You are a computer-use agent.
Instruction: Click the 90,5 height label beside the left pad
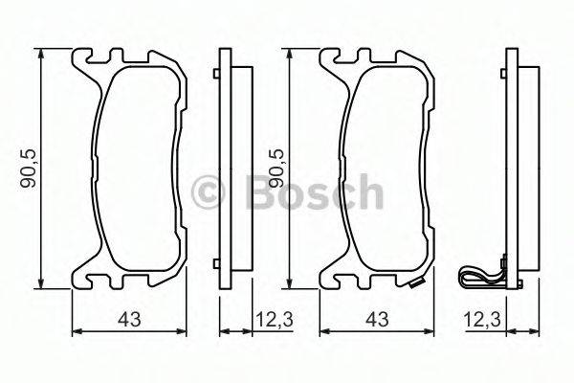tap(28, 169)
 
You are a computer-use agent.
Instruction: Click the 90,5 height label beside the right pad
tap(275, 169)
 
